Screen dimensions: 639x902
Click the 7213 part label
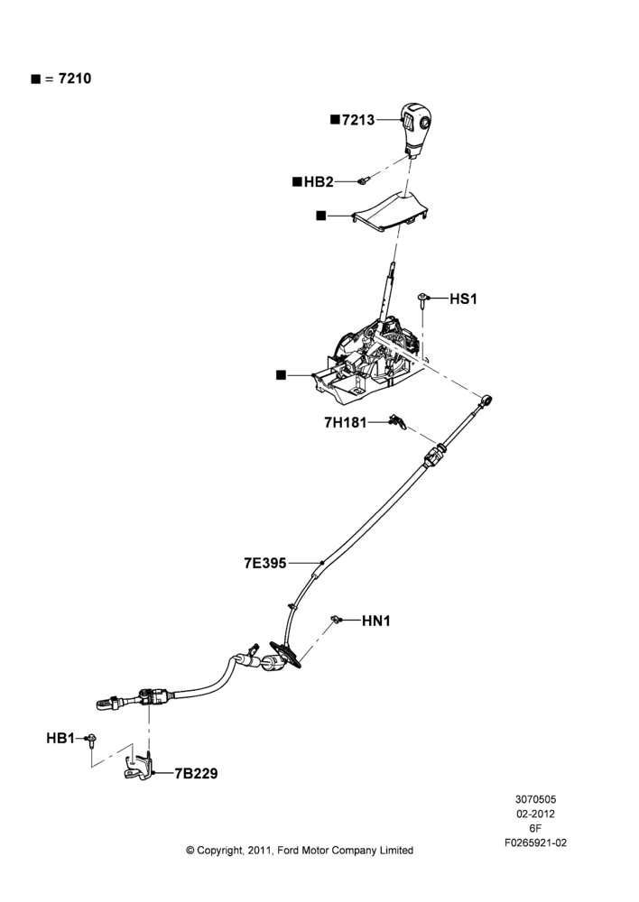coord(358,120)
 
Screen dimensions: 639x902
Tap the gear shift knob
coord(416,128)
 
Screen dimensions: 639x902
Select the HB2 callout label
coord(319,182)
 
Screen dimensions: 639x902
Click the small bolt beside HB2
coord(363,181)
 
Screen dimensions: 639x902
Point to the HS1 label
coord(463,299)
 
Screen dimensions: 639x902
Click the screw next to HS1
coord(423,300)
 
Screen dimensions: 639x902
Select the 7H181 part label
coord(346,423)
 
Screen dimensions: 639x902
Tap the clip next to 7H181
coord(397,422)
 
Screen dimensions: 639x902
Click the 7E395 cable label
coord(264,563)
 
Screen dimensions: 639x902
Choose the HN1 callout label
coord(376,621)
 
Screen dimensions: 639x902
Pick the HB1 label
coord(60,738)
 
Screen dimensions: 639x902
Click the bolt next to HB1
coord(91,741)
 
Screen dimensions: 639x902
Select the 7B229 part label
coord(197,774)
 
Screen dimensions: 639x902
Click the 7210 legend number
coord(75,78)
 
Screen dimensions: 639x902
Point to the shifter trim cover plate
coord(390,211)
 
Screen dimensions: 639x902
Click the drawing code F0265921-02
coord(535,842)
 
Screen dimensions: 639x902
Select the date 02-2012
coord(535,814)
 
